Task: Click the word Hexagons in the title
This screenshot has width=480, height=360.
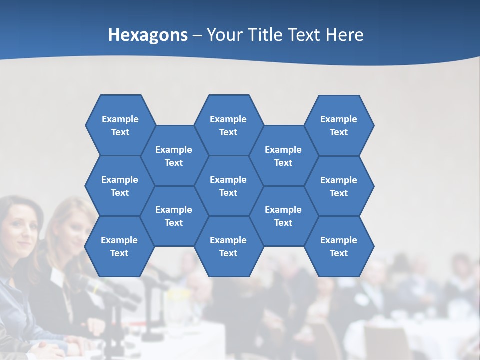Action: (x=148, y=35)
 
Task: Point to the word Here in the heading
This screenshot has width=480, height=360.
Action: (x=345, y=35)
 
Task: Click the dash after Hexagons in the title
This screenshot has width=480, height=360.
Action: (x=197, y=35)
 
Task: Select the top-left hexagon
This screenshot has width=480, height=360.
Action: (x=120, y=125)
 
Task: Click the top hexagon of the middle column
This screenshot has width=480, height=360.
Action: (x=228, y=125)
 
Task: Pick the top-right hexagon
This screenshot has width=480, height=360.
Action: (x=339, y=125)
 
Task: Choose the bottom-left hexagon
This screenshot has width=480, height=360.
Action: (x=119, y=246)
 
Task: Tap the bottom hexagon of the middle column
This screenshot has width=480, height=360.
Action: (x=228, y=246)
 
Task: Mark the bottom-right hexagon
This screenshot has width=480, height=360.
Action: (x=339, y=246)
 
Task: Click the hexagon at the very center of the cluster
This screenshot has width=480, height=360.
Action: (x=228, y=186)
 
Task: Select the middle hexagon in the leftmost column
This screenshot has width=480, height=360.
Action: (x=120, y=186)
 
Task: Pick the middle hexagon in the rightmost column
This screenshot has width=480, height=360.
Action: (x=339, y=186)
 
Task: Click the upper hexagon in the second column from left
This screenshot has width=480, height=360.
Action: (x=174, y=156)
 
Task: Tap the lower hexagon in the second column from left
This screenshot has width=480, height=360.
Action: (x=174, y=216)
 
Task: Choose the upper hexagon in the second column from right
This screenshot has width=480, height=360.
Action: (x=283, y=156)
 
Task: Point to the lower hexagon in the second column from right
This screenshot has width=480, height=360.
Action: (x=283, y=216)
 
